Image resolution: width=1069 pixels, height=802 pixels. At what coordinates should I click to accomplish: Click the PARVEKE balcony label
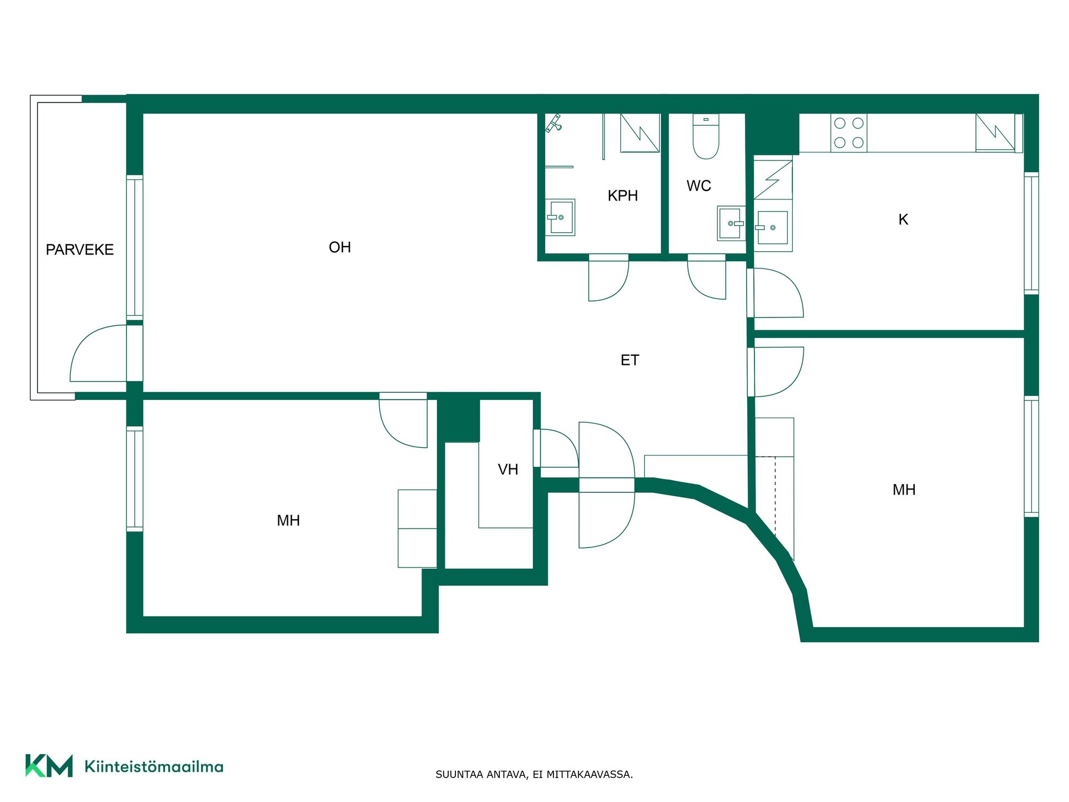(x=80, y=250)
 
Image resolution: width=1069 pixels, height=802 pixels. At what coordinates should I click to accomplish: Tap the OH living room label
(x=340, y=247)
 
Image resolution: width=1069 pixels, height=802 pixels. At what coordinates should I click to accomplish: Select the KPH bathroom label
(x=622, y=195)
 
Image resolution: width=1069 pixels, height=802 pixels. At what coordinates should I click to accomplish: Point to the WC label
(x=699, y=185)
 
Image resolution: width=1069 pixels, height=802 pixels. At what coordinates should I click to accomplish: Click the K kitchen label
(x=903, y=219)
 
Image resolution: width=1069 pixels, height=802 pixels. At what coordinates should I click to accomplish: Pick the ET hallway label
(x=630, y=360)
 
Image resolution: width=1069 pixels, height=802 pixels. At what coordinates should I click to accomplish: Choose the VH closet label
(x=508, y=470)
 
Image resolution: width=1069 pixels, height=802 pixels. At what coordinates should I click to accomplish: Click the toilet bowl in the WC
(x=706, y=136)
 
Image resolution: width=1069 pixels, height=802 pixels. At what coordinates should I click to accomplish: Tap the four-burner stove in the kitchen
(x=849, y=133)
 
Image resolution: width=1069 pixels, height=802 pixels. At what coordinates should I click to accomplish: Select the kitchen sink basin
(x=773, y=227)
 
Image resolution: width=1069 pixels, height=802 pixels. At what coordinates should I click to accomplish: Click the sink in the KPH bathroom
(x=560, y=217)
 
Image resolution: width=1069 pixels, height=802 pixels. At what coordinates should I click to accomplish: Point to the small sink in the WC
(x=731, y=223)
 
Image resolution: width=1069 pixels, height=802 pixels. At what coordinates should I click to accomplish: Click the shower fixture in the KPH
(x=553, y=123)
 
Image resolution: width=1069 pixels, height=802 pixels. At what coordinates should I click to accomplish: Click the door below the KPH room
(x=609, y=278)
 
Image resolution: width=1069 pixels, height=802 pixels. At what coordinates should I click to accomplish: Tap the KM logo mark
(x=49, y=765)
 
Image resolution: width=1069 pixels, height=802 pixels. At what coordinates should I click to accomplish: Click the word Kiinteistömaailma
(x=154, y=766)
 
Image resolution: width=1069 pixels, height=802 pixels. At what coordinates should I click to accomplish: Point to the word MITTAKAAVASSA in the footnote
(x=589, y=774)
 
